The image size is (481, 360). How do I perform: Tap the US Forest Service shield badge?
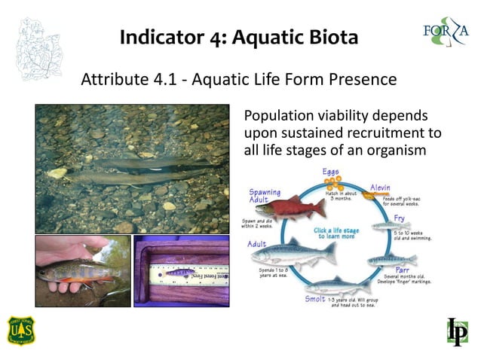21,330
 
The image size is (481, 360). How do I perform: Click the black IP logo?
457,331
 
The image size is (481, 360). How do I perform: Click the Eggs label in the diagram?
331,172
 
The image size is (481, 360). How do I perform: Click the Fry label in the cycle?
399,218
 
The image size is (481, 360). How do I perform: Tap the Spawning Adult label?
265,197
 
